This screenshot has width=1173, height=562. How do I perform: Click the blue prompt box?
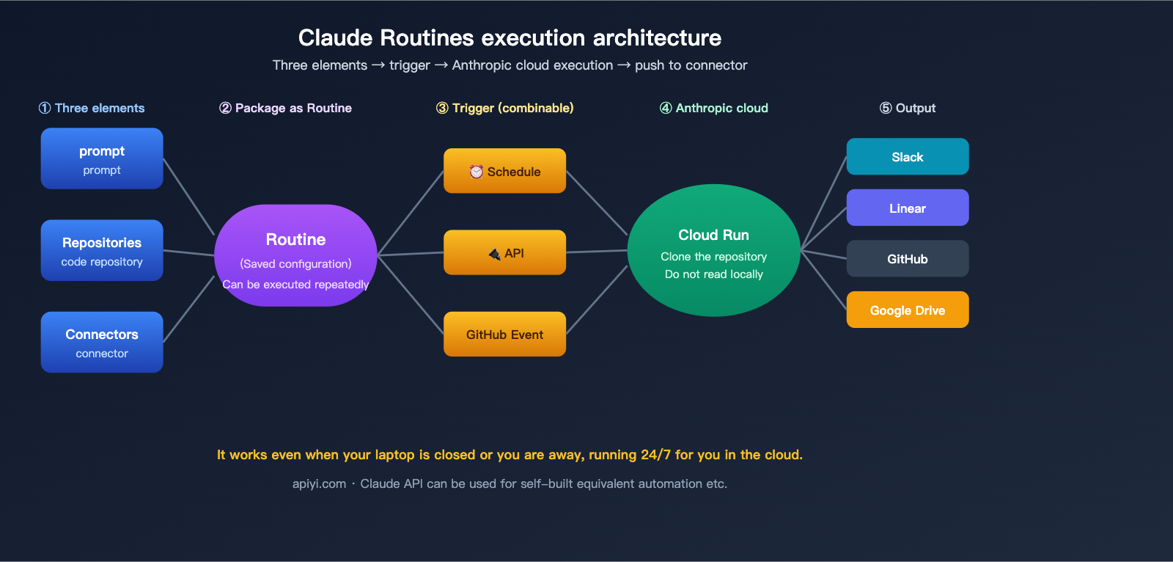point(102,158)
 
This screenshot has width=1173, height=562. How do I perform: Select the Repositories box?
point(102,250)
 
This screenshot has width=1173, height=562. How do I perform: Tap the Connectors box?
point(102,342)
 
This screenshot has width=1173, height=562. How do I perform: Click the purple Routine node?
point(295,255)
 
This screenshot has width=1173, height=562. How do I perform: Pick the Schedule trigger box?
point(504,171)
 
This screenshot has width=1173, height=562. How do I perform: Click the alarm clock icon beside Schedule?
point(477,171)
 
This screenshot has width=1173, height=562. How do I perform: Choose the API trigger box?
point(504,252)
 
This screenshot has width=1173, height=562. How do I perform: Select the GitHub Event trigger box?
point(504,334)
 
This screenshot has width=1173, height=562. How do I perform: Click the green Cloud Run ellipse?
point(713,250)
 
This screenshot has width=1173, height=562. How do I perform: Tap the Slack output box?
point(907,156)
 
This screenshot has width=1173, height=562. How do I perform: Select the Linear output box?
point(907,208)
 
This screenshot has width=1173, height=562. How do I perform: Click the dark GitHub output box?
point(907,258)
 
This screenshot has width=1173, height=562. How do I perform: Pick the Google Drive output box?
point(907,310)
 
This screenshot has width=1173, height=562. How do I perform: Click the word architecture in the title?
point(657,37)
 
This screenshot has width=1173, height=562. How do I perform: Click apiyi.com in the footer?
point(319,483)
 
